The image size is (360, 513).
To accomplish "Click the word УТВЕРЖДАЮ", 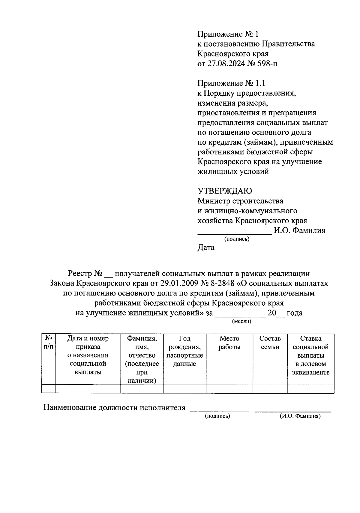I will tap(225, 191).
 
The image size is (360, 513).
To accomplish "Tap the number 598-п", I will tap(265, 64).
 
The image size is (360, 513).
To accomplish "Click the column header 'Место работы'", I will tap(229, 343).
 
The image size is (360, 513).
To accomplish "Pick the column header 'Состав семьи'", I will tap(270, 343).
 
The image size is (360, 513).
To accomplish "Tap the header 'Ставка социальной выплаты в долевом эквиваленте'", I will tap(310, 355).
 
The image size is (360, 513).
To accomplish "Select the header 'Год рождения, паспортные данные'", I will tap(184, 351).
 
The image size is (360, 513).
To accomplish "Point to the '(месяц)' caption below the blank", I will tap(241, 322).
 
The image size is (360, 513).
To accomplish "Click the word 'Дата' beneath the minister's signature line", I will tap(206, 248).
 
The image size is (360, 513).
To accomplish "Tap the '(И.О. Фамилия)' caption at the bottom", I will tap(300, 416).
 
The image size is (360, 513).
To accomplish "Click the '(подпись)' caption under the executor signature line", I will tap(217, 416).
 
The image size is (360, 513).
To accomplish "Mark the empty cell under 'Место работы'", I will tap(229, 389).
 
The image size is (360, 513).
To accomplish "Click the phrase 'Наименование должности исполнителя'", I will tap(115, 408).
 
